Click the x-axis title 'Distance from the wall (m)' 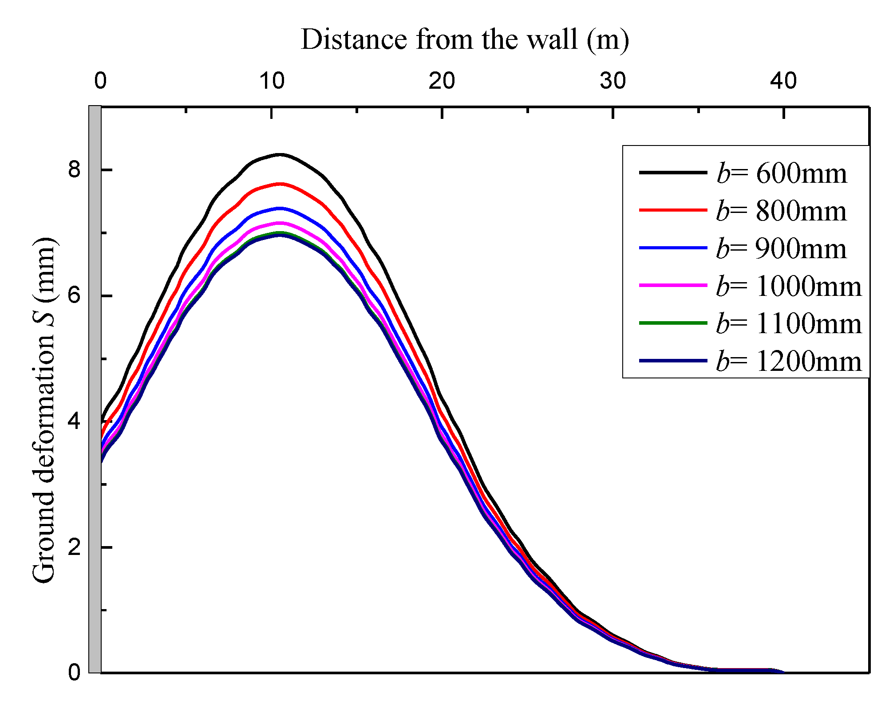pos(465,40)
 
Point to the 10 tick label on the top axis pos(272,81)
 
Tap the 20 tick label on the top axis pos(442,81)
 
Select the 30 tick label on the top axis pos(613,81)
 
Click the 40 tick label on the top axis pos(783,81)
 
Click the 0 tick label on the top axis pos(101,81)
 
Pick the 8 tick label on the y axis pos(74,169)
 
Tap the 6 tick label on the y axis pos(74,295)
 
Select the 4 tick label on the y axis pos(74,421)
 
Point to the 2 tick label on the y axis pos(74,547)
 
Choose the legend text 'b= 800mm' pos(782,211)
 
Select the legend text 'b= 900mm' pos(782,248)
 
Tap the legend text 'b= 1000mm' pos(789,286)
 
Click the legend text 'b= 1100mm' pos(789,323)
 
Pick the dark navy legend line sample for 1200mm pos(673,361)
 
